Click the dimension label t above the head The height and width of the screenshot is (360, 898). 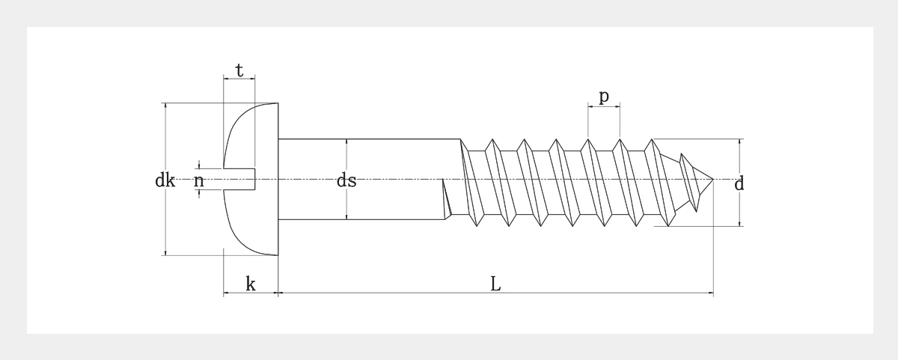point(239,70)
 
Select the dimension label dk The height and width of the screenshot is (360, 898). point(165,180)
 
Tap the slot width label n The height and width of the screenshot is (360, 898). point(199,180)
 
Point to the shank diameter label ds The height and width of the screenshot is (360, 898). point(346,180)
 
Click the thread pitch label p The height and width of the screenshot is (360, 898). point(604,97)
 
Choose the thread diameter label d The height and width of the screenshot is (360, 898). point(739,183)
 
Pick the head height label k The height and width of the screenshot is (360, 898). point(251,284)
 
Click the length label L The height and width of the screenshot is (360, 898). point(495,284)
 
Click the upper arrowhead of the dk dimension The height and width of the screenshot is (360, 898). point(165,106)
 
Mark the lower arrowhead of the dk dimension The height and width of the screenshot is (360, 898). point(165,253)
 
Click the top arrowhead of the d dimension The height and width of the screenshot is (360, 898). point(740,141)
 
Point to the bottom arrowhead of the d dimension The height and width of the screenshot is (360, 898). point(740,223)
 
